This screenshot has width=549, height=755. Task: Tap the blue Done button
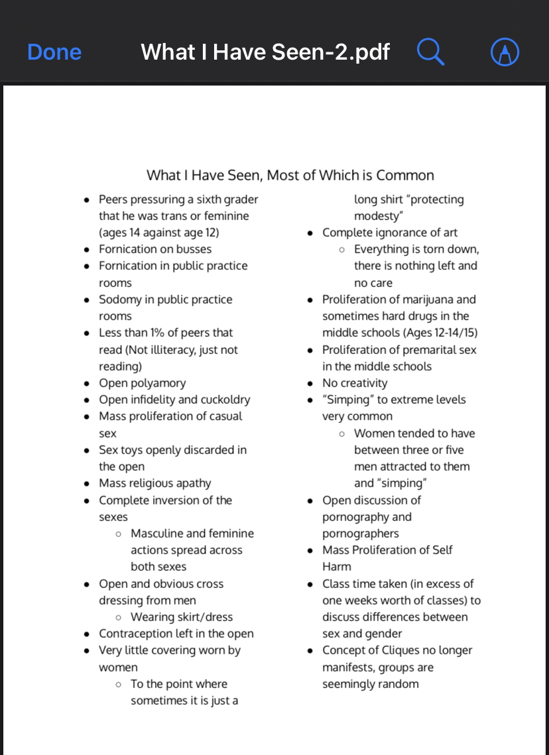54,52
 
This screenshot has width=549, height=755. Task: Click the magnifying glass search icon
430,52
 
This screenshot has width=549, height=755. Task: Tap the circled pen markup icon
505,52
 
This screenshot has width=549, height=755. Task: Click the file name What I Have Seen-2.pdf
265,52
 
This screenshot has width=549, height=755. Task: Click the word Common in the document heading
405,176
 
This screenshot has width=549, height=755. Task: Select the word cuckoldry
225,400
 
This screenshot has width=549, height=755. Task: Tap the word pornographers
361,534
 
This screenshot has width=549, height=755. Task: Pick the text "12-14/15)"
452,333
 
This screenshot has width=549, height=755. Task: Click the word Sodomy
120,300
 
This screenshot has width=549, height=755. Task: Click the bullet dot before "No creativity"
310,383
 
